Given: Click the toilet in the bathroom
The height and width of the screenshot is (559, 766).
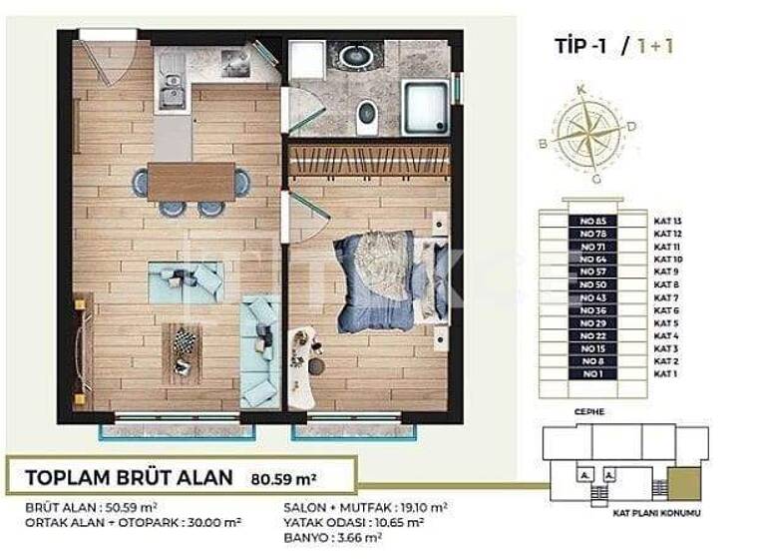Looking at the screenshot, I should click(x=367, y=117).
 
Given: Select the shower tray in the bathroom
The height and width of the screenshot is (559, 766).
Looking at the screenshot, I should click(x=425, y=107).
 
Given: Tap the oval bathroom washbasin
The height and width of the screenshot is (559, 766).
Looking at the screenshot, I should click(x=354, y=56).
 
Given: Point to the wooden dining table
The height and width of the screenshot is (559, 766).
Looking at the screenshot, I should click(x=191, y=183).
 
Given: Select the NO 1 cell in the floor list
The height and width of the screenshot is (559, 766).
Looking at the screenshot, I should click(x=592, y=373).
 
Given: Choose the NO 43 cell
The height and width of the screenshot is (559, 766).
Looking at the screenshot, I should click(x=592, y=296).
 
